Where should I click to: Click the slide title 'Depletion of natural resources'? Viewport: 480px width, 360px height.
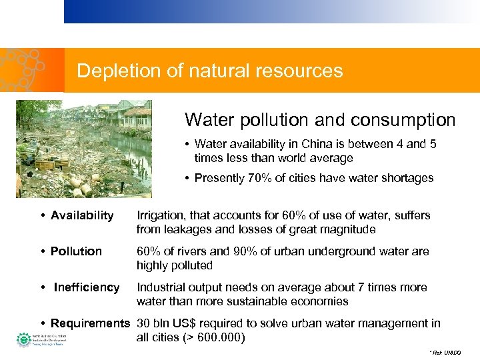(209, 71)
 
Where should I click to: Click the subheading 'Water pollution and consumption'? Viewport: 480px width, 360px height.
(320, 120)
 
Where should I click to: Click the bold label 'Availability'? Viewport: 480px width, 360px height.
(82, 215)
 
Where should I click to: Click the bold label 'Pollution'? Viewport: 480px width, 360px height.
(76, 251)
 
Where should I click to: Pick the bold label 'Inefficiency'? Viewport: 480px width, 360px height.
(86, 287)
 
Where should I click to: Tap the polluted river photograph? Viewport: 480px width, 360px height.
(84, 149)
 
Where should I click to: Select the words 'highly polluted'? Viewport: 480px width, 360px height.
(175, 265)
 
